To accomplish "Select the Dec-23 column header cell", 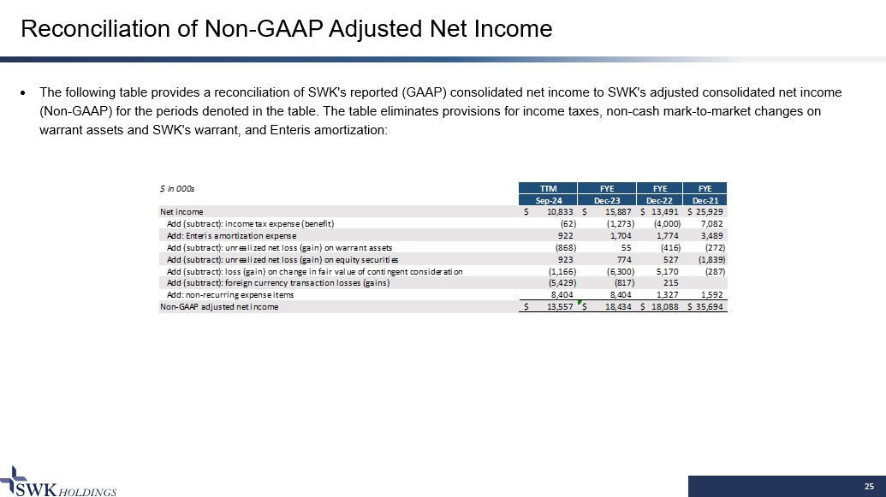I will click(x=607, y=199).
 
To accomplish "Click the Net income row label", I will click(x=180, y=211).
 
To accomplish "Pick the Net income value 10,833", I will click(x=558, y=211).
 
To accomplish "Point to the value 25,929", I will click(x=711, y=211).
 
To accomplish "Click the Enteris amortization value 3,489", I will click(x=712, y=235).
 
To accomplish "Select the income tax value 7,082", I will click(x=712, y=223).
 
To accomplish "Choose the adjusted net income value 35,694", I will click(x=711, y=307).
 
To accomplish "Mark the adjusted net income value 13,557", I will click(x=558, y=307).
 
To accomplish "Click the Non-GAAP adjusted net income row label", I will click(x=218, y=307).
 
